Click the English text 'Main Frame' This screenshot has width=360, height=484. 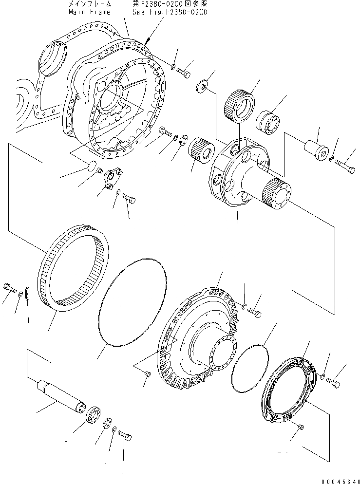coord(89,12)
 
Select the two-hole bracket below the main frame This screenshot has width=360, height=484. coord(113,178)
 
